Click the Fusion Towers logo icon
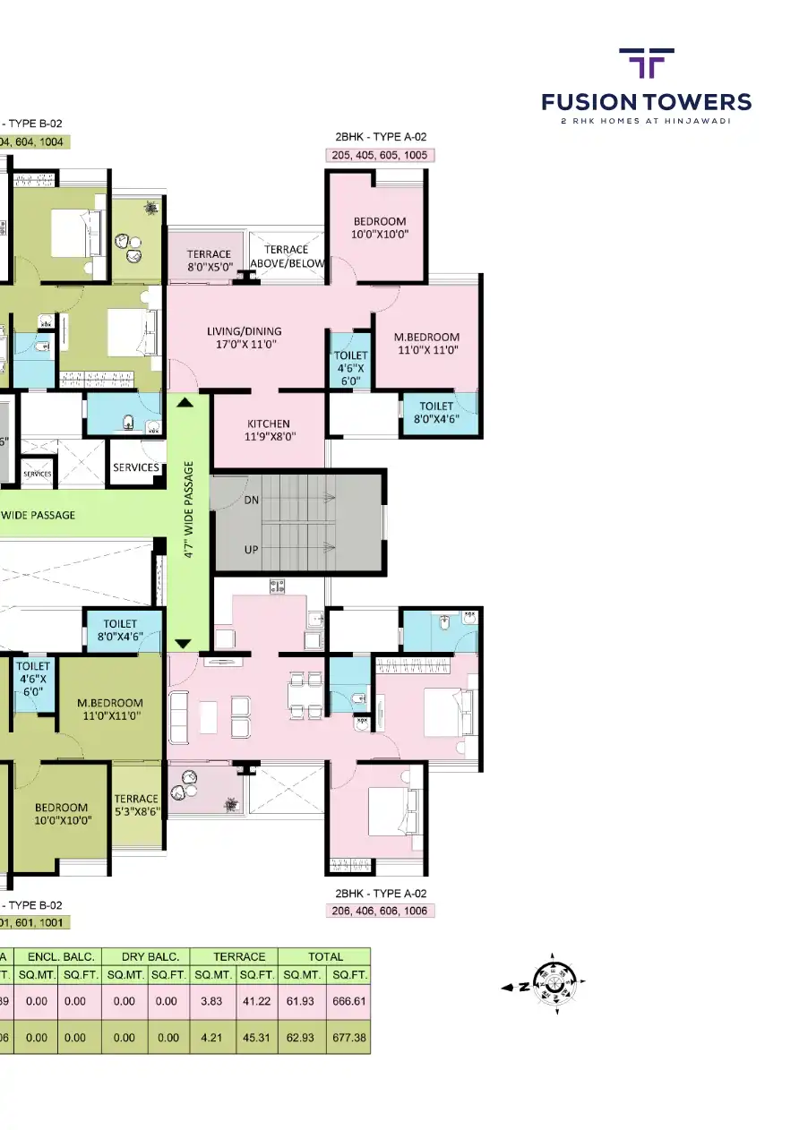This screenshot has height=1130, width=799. point(646,64)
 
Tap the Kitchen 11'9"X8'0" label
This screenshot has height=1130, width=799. point(269,430)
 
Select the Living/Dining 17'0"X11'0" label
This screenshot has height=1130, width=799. point(244,338)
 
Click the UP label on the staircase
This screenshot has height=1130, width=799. point(251,549)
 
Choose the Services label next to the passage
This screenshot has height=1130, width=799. point(136,467)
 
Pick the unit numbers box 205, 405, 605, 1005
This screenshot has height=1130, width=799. point(380,155)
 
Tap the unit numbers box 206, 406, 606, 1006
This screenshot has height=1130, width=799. point(380,911)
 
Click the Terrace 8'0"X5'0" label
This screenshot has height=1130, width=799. point(209,261)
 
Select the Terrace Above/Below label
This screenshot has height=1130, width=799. point(287,256)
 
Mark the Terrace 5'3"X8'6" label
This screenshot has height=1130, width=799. point(136,805)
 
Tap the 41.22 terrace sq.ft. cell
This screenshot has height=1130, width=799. point(256,1001)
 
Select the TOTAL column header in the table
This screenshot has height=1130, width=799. point(324,956)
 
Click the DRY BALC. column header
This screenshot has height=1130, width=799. point(144,956)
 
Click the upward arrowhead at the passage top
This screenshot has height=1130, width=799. point(185,403)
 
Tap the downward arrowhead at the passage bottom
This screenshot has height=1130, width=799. point(183,643)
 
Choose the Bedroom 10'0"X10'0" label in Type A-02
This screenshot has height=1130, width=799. point(380,227)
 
